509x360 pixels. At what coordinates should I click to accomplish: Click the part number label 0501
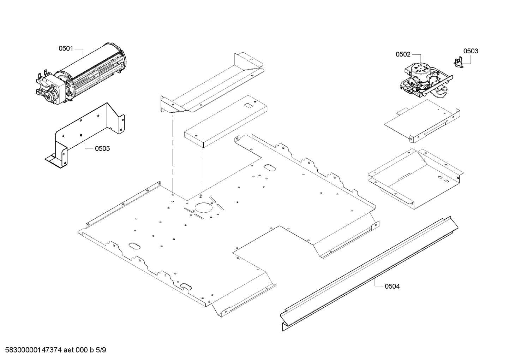[66, 48]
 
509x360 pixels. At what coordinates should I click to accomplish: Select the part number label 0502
[403, 54]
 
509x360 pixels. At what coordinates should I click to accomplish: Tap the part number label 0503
[471, 51]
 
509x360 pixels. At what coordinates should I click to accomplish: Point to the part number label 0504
[392, 286]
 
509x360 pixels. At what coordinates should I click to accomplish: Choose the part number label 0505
[102, 148]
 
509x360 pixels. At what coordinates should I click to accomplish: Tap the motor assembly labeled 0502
[422, 79]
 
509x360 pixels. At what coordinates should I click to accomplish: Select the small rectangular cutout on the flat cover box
[249, 105]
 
